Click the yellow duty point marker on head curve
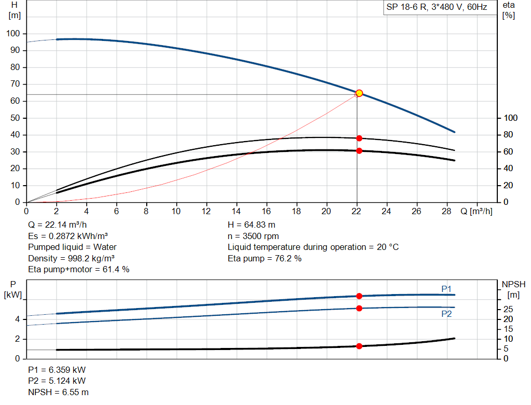[359, 93]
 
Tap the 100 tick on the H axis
[13, 34]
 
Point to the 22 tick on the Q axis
[356, 211]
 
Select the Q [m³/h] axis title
[476, 211]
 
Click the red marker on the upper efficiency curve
[359, 138]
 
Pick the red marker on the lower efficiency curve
[359, 151]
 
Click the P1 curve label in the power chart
[446, 288]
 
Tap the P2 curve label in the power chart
[446, 314]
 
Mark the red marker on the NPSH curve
[359, 346]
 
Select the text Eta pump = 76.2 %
[264, 258]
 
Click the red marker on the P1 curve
[359, 296]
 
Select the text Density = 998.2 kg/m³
[71, 258]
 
